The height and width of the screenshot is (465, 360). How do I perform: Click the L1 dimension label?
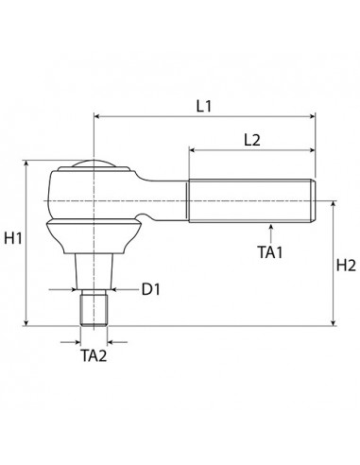pyautogui.click(x=203, y=106)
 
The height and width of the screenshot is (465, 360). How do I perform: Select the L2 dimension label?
pyautogui.click(x=251, y=140)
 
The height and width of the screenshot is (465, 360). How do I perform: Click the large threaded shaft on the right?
pyautogui.click(x=250, y=200)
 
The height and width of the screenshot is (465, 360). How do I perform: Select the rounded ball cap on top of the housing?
pyautogui.click(x=94, y=166)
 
